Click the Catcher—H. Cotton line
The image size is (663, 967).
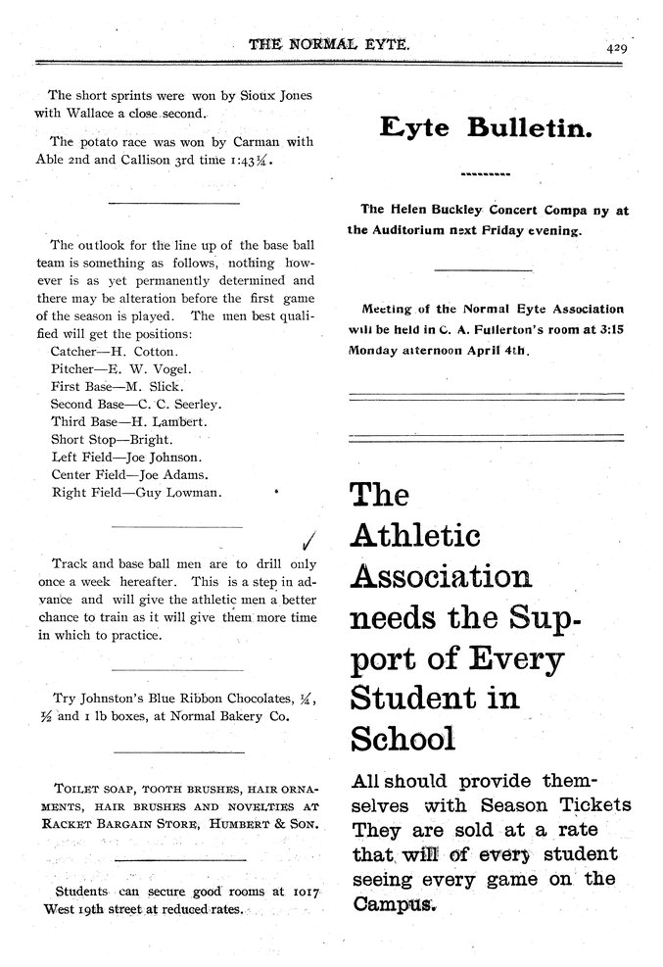pos(113,351)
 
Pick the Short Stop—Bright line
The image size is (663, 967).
pos(111,439)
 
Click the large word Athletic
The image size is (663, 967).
pos(415,536)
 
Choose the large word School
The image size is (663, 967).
pos(402,738)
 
